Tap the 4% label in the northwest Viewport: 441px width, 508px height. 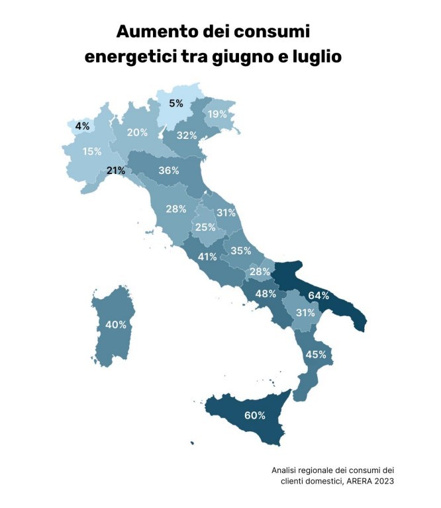pos(83,126)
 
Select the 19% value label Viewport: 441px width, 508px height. pos(218,114)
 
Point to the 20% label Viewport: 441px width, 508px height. pos(137,132)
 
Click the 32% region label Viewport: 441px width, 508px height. pos(187,136)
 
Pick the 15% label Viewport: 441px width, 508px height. pos(92,151)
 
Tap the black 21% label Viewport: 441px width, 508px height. pos(116,171)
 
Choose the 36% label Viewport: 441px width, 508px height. pos(169,170)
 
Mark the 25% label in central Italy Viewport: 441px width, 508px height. pos(205,228)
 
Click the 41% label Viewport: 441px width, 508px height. pos(207,257)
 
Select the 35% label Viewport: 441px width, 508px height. pos(241,251)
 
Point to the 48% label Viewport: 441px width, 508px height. pos(266,294)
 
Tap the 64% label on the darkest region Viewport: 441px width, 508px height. pos(318,295)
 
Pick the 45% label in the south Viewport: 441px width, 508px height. pos(315,355)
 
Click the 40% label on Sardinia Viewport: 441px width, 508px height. pos(116,325)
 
